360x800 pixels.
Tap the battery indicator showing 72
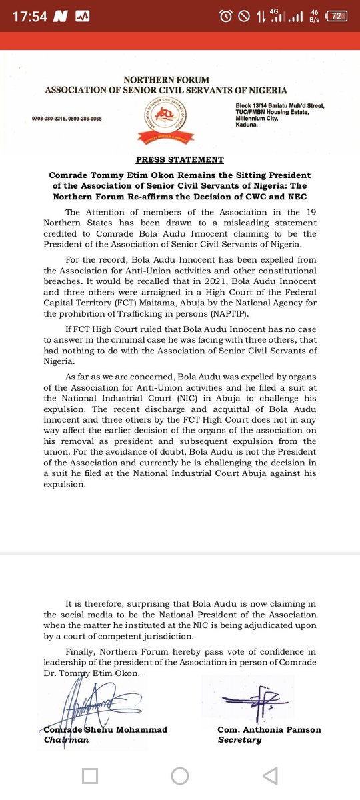point(337,17)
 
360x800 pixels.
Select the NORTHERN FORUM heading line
point(165,80)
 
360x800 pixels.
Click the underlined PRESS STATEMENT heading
point(180,160)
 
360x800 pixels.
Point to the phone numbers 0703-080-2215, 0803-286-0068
point(67,119)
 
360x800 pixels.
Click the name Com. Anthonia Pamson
point(269,729)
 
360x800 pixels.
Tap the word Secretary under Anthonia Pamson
point(239,740)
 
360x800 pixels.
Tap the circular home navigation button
point(179,775)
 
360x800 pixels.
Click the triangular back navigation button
point(269,775)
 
